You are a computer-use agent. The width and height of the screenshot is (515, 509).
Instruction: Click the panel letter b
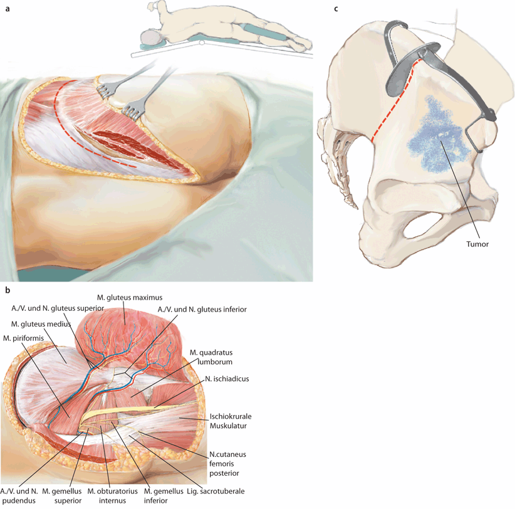pos(7,290)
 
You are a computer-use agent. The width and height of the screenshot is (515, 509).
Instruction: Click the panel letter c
pos(336,9)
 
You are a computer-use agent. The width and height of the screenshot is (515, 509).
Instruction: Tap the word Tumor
pos(477,245)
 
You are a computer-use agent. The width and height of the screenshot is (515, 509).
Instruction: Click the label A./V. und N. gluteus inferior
pos(210,310)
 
